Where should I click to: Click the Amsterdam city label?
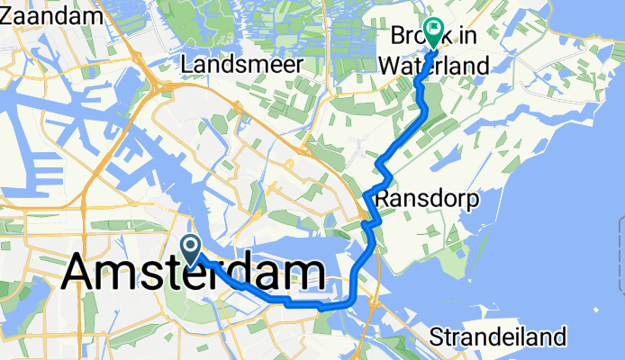195,271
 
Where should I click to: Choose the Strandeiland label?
499,337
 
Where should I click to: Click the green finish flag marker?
434,33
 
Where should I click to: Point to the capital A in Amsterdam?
82,272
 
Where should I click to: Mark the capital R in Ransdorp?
383,197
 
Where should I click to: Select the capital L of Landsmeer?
187,65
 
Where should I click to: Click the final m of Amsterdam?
306,272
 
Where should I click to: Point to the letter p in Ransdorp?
444,199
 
